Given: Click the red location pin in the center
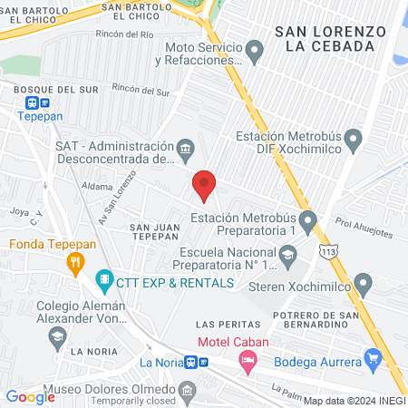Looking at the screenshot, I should [x=204, y=186].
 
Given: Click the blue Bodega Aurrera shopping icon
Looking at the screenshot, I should [x=372, y=360].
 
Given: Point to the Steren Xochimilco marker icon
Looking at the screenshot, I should [x=364, y=285].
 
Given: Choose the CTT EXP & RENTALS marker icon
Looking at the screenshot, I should [x=105, y=281].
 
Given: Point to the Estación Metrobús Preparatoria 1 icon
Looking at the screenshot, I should [x=309, y=219].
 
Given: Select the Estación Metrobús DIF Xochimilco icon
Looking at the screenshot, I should [x=354, y=141].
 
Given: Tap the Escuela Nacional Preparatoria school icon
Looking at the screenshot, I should [x=287, y=257].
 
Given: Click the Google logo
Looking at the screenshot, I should [x=30, y=396].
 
